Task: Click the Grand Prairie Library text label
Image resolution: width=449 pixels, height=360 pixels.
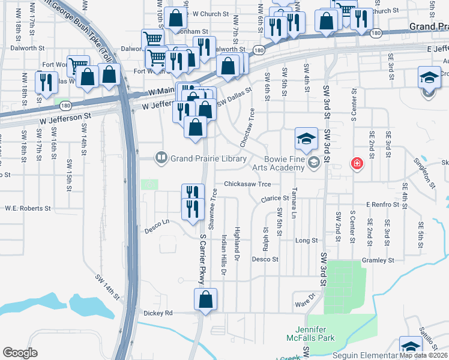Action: [209, 159]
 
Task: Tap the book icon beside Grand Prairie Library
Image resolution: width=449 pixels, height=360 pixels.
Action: [161, 159]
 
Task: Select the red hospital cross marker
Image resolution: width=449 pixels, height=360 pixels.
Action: [357, 163]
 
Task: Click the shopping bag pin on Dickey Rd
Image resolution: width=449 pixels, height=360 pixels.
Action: [205, 299]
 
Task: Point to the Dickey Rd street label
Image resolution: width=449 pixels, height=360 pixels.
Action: [158, 313]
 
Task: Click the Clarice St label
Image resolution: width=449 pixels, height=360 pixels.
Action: [275, 199]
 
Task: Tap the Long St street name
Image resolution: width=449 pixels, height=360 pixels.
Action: [306, 241]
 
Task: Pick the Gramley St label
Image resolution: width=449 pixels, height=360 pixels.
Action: [378, 260]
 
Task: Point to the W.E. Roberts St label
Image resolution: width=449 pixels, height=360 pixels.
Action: [28, 208]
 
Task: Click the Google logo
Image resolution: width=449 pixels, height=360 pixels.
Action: [20, 353]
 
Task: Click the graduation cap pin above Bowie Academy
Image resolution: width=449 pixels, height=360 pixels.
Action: [306, 139]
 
